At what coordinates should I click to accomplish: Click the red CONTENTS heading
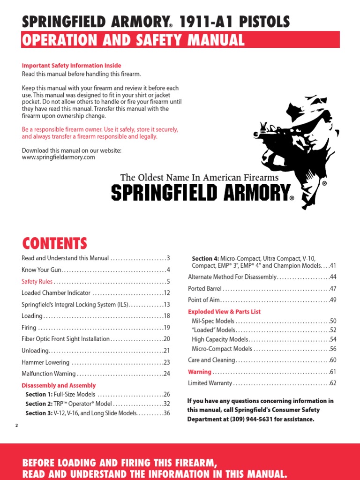(54, 243)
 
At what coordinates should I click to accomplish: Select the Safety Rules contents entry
(37, 282)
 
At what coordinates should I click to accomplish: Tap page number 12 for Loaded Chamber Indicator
(166, 293)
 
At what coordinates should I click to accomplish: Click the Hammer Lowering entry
(45, 362)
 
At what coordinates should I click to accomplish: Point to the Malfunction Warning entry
(48, 374)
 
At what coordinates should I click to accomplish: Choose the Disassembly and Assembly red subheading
(59, 385)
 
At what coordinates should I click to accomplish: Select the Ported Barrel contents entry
(205, 288)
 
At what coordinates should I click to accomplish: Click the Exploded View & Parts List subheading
(224, 311)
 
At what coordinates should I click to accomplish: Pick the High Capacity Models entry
(220, 339)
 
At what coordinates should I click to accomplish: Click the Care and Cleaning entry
(211, 360)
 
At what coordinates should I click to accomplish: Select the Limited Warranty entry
(210, 383)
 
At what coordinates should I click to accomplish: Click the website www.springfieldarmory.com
(59, 157)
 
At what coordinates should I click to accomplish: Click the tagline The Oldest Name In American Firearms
(199, 178)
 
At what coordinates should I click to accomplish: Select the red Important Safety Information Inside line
(71, 66)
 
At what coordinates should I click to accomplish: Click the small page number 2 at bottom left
(16, 425)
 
